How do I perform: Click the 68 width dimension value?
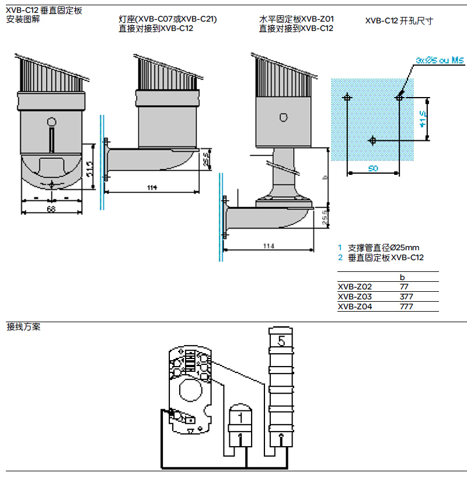coord(51,209)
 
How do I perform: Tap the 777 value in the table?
coord(406,306)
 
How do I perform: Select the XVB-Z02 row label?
coord(355,287)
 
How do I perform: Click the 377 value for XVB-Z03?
coord(406,297)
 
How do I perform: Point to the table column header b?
coord(402,277)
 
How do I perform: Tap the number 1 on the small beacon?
coord(238,418)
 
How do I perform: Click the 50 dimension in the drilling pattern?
coord(373,168)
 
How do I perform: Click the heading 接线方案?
coord(23,327)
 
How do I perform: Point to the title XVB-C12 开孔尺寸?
coord(399,21)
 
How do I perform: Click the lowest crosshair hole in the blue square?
coord(373,140)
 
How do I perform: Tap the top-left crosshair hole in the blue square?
coord(347,97)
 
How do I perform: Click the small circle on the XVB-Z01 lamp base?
coord(284,118)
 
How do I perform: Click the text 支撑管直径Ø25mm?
coord(384,247)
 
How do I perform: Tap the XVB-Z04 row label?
coord(355,306)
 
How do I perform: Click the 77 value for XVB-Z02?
coord(404,287)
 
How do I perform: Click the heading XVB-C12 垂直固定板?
coord(44,10)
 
